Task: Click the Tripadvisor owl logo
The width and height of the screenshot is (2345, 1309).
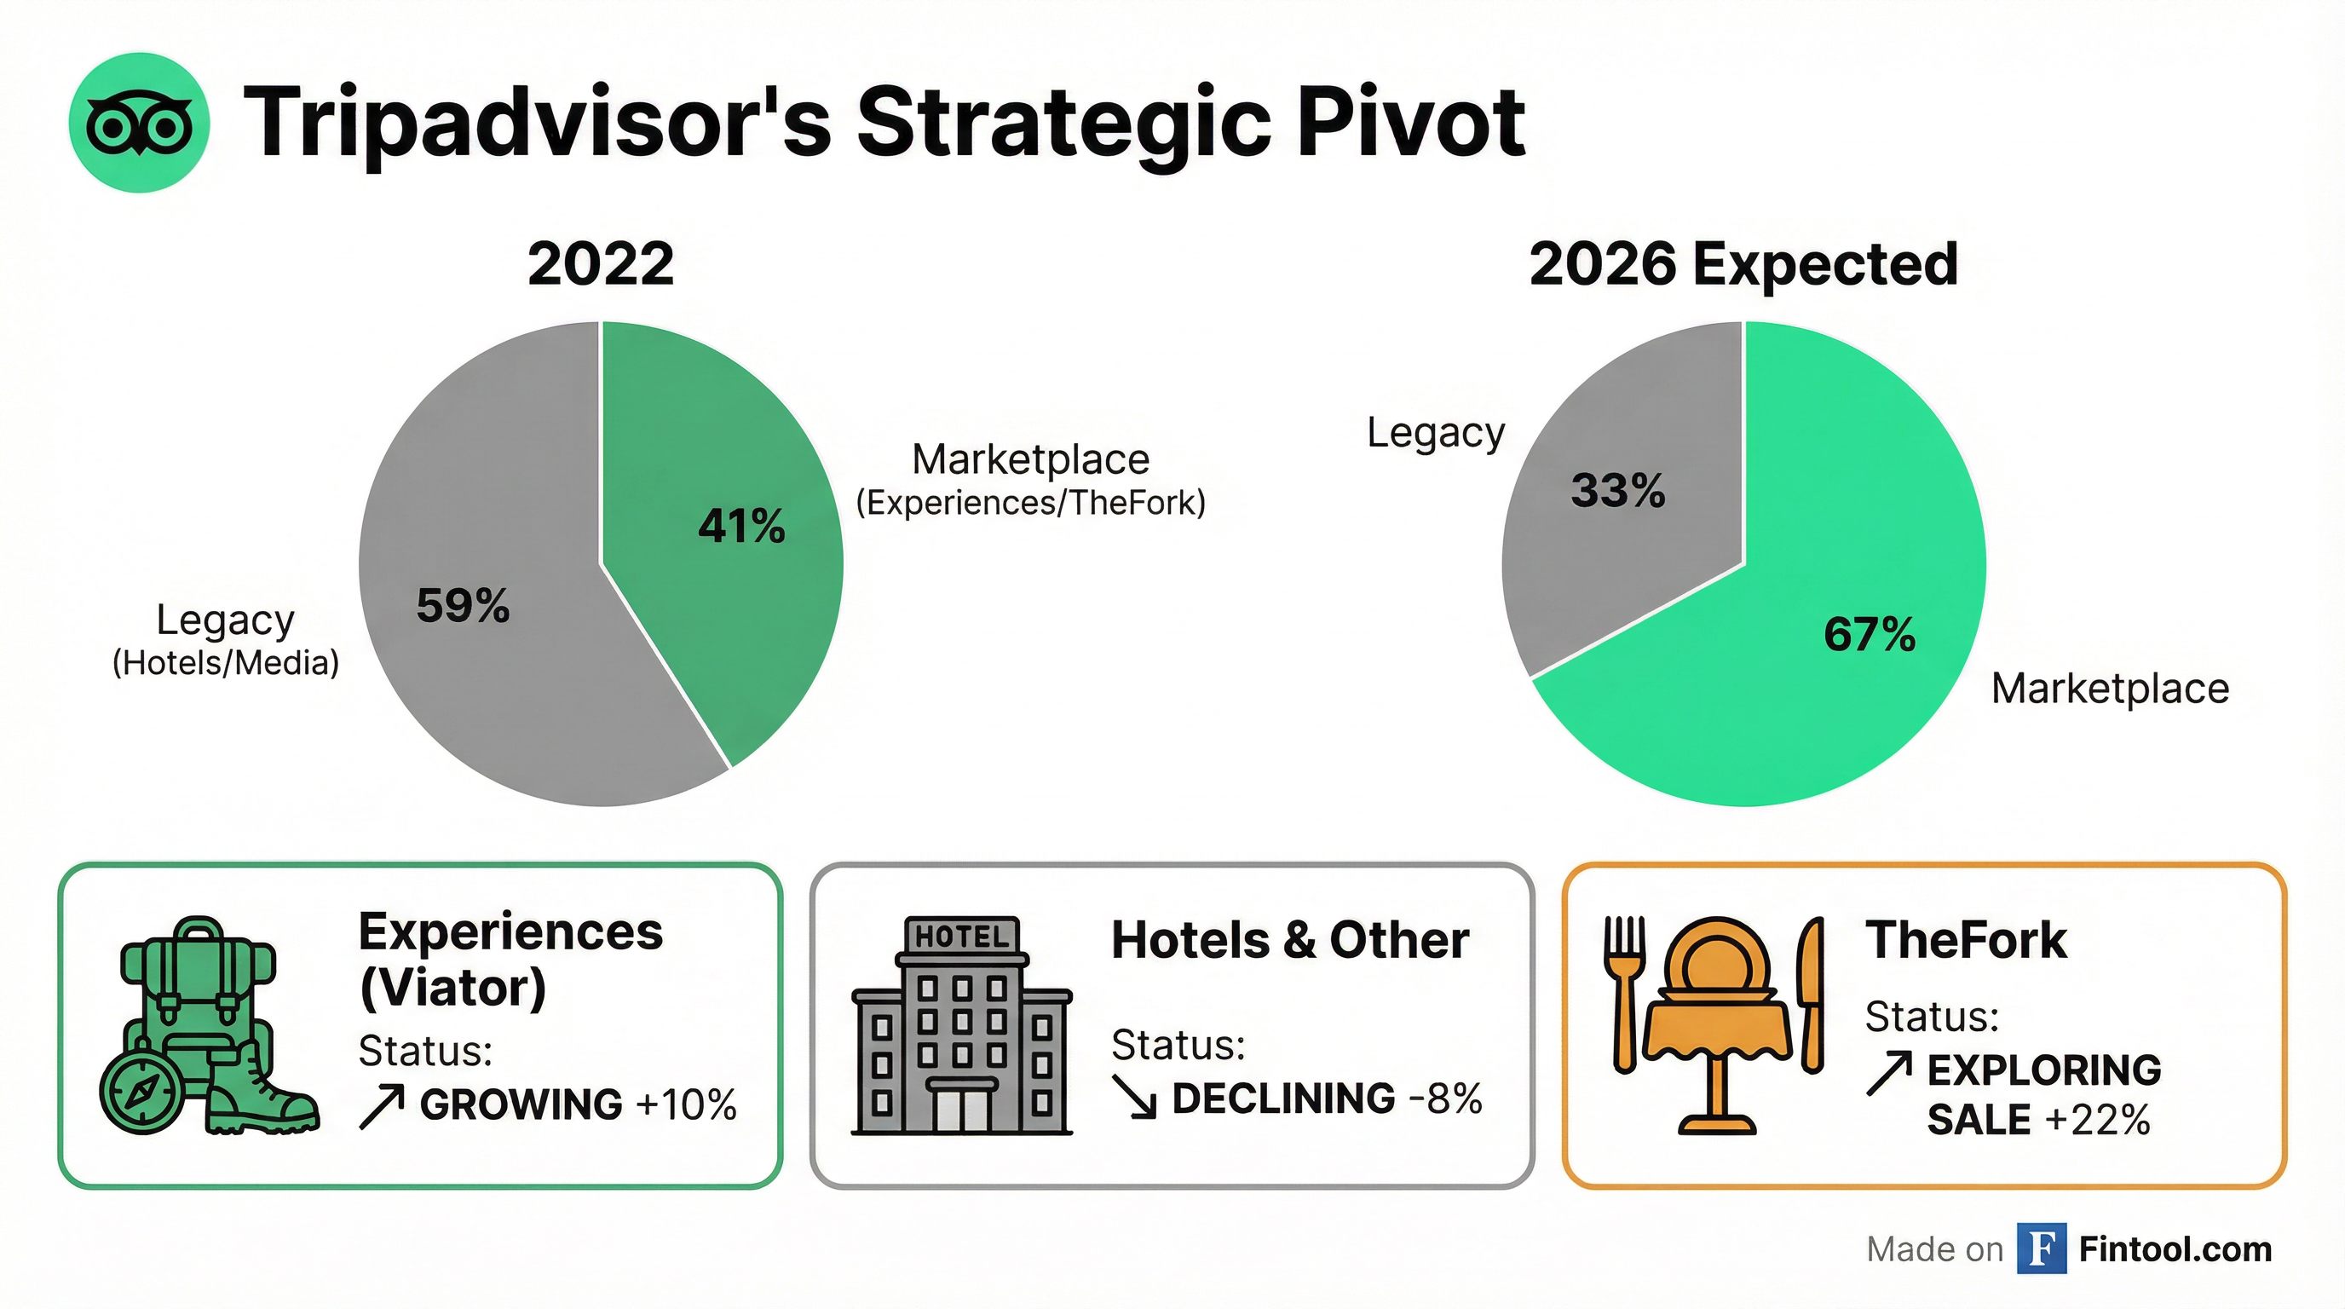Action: pyautogui.click(x=139, y=123)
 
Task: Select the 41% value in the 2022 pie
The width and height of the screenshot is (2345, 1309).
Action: pyautogui.click(x=741, y=526)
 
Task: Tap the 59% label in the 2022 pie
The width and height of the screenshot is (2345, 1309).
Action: pyautogui.click(x=463, y=605)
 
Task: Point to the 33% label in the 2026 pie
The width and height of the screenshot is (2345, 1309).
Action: pyautogui.click(x=1617, y=491)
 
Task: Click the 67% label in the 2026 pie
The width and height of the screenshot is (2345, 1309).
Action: pyautogui.click(x=1869, y=635)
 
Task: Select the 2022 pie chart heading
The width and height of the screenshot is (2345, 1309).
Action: pyautogui.click(x=601, y=264)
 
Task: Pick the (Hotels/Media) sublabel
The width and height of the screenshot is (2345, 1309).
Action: pyautogui.click(x=226, y=663)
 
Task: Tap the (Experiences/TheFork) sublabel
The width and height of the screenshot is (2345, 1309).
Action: pyautogui.click(x=1030, y=503)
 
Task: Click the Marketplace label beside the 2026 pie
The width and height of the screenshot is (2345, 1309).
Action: pyautogui.click(x=2110, y=689)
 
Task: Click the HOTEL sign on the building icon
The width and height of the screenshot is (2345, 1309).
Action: pyautogui.click(x=961, y=936)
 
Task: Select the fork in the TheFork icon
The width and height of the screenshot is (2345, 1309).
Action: pyautogui.click(x=1624, y=992)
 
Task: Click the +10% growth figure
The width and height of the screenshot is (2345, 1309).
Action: pyautogui.click(x=687, y=1105)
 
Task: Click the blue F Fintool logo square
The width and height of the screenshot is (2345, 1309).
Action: pyautogui.click(x=2041, y=1249)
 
